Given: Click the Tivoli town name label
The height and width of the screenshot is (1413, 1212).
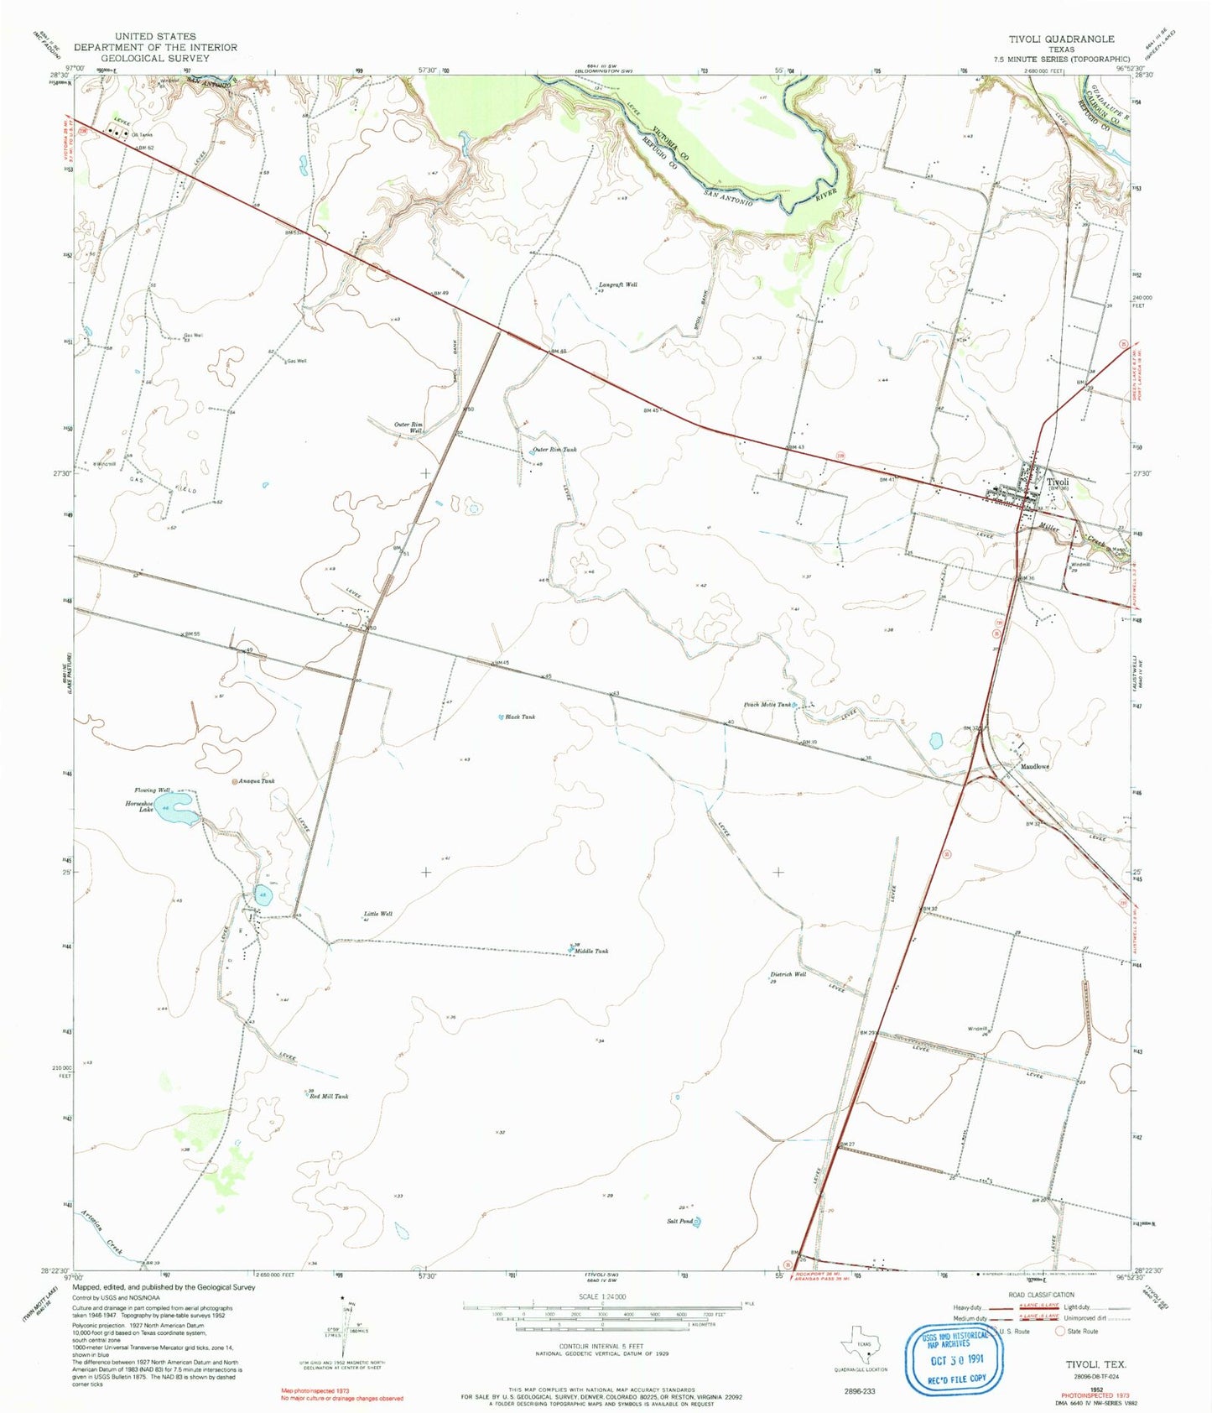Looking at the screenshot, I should (x=1058, y=482).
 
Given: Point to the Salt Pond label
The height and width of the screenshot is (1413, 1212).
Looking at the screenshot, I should (x=680, y=1221).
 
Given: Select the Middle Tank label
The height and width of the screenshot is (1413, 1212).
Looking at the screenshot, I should (x=591, y=952).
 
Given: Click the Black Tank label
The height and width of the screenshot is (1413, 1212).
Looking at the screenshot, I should (x=520, y=717).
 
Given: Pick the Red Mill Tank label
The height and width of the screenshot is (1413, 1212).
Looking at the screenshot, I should (x=329, y=1097).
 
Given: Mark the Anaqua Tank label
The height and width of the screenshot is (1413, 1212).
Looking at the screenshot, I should (x=257, y=781).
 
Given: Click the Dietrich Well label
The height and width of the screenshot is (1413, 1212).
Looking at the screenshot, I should (x=788, y=975).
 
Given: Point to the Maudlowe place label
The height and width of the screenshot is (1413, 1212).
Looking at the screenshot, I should (x=1035, y=767).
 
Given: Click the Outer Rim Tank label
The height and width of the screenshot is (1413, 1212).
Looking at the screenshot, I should (x=554, y=450).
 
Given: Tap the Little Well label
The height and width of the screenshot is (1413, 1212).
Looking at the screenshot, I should (x=377, y=914).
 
